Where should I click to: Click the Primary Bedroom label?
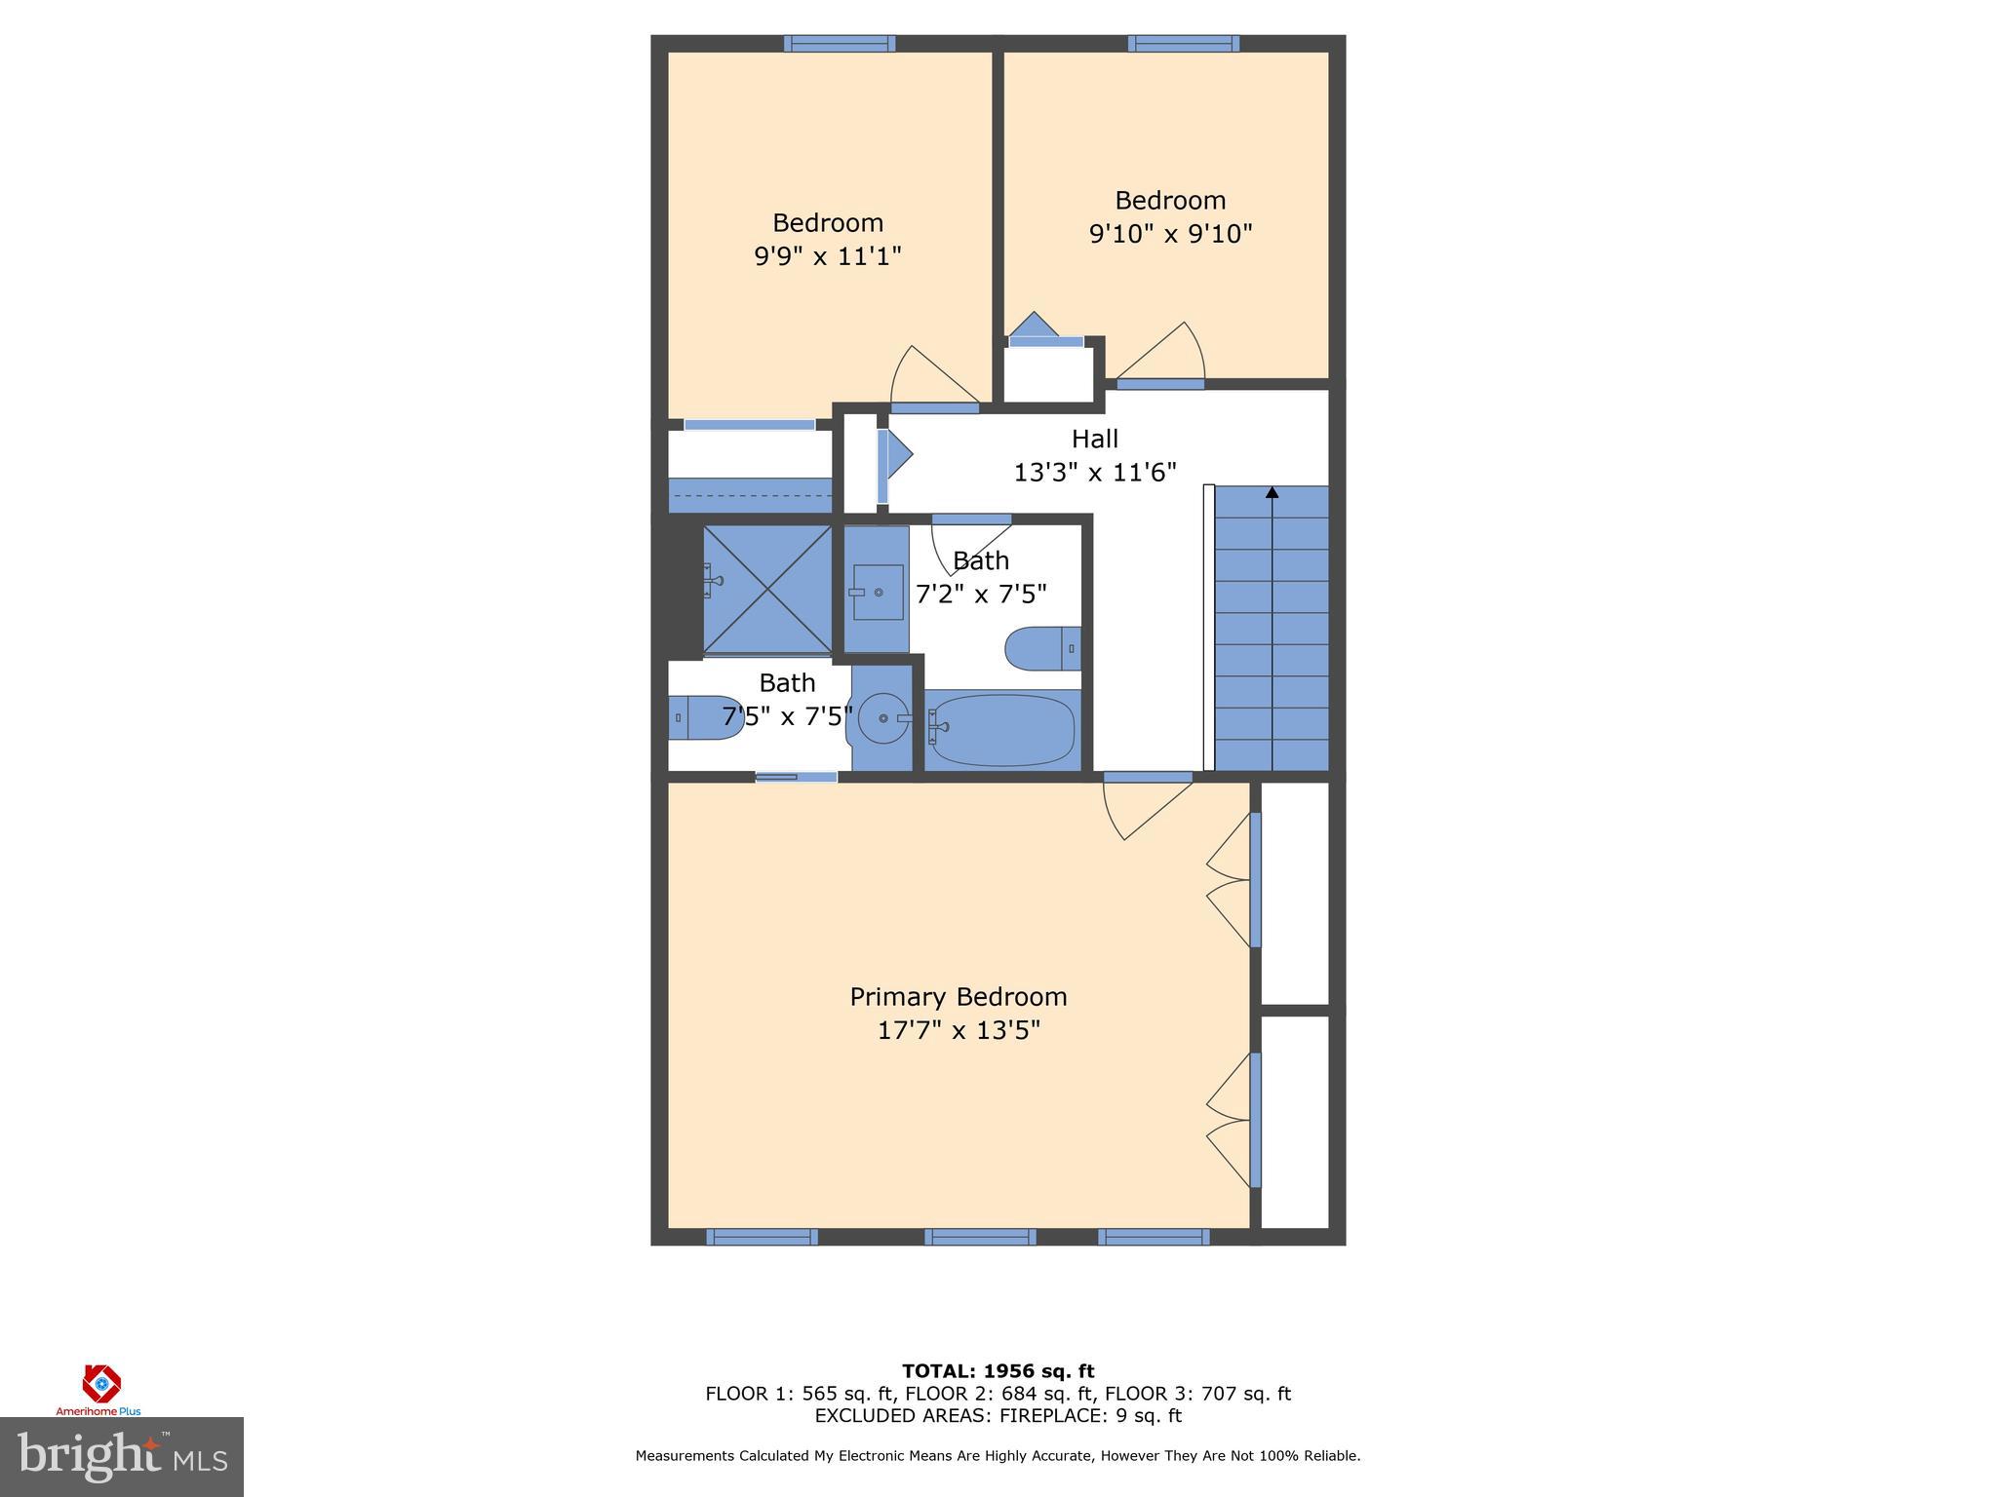pos(959,996)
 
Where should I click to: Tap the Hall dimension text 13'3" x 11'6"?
pos(1095,473)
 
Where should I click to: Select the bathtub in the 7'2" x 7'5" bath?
pos(1002,730)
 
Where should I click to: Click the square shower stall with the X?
pos(767,589)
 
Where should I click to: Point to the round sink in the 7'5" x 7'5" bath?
pos(883,718)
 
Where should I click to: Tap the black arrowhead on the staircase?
pos(1272,492)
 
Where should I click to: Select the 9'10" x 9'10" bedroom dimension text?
pos(1170,234)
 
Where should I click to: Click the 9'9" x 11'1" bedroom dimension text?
pos(827,256)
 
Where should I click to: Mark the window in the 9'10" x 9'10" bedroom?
pos(1184,43)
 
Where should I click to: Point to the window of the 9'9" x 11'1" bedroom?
pos(840,43)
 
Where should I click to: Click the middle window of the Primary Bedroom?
pos(980,1237)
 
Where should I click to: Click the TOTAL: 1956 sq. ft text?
pos(998,1371)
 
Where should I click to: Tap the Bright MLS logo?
pos(122,1457)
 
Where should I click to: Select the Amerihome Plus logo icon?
pos(100,1384)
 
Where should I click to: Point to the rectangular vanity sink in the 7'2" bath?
pos(877,592)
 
